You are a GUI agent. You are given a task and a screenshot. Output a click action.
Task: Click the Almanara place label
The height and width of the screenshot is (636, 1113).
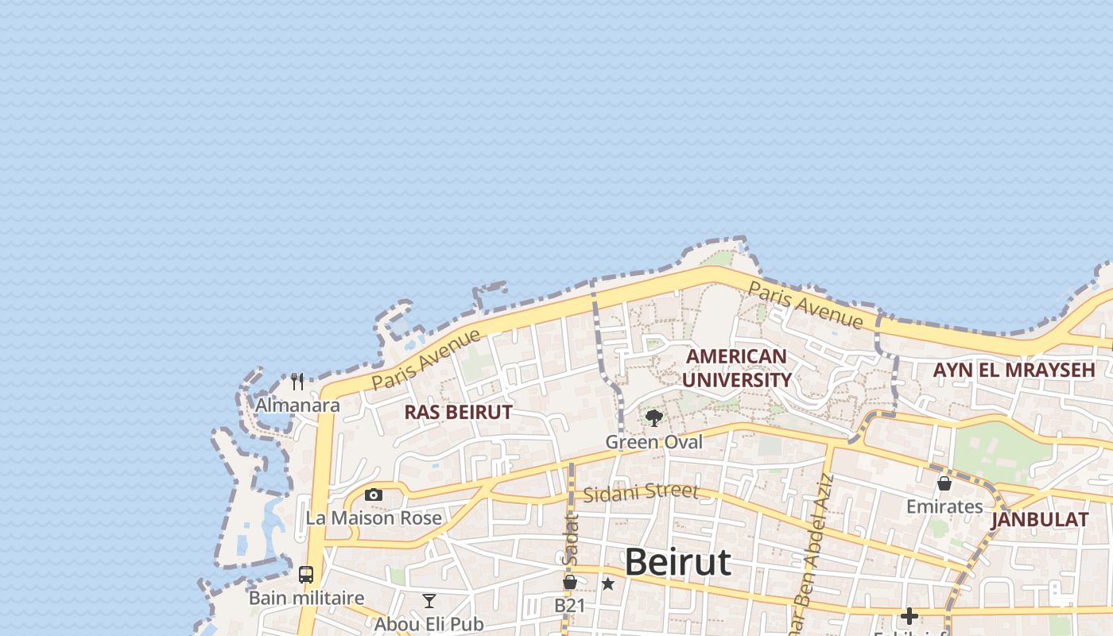click(x=297, y=405)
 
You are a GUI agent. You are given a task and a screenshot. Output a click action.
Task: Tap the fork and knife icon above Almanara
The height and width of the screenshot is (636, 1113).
click(x=297, y=382)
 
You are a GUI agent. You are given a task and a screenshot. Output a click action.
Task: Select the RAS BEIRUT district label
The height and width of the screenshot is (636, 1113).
click(x=459, y=412)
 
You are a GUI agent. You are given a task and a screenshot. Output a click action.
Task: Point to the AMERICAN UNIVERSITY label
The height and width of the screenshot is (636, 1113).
click(x=736, y=368)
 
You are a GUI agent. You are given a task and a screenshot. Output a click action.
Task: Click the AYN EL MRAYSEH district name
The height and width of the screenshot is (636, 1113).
click(x=1014, y=370)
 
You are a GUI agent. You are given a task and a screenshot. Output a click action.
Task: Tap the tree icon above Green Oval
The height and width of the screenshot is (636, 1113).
click(x=654, y=417)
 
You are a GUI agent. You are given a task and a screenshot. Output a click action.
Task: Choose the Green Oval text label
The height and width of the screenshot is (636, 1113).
click(x=654, y=442)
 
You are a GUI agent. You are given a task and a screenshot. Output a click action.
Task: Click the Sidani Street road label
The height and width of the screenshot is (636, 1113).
click(x=641, y=493)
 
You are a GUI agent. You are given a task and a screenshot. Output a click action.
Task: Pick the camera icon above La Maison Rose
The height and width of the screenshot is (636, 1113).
click(x=373, y=494)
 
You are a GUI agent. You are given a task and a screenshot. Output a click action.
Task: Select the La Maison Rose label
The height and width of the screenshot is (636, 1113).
click(x=374, y=518)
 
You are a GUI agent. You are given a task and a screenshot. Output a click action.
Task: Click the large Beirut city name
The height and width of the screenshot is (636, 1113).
click(x=677, y=562)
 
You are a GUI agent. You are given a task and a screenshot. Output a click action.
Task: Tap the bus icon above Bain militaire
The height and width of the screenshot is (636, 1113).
click(x=306, y=574)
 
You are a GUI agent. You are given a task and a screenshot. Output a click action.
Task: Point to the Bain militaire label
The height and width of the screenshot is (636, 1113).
click(x=306, y=598)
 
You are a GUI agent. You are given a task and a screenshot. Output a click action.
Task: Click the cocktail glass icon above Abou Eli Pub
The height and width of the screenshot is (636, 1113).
click(x=429, y=600)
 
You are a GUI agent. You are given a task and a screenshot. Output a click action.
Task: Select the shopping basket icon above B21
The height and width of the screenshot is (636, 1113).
click(x=570, y=583)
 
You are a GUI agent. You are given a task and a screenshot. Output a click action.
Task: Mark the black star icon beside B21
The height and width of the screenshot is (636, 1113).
click(x=608, y=584)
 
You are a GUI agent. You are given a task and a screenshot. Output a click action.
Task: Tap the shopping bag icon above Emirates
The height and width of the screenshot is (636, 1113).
click(x=944, y=483)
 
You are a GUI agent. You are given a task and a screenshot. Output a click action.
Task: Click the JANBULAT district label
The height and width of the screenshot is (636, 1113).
click(x=1040, y=520)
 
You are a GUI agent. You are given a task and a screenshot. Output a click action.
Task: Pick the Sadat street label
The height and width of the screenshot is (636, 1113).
click(x=570, y=541)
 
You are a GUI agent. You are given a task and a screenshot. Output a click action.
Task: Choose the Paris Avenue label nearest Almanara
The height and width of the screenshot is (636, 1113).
click(x=426, y=359)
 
